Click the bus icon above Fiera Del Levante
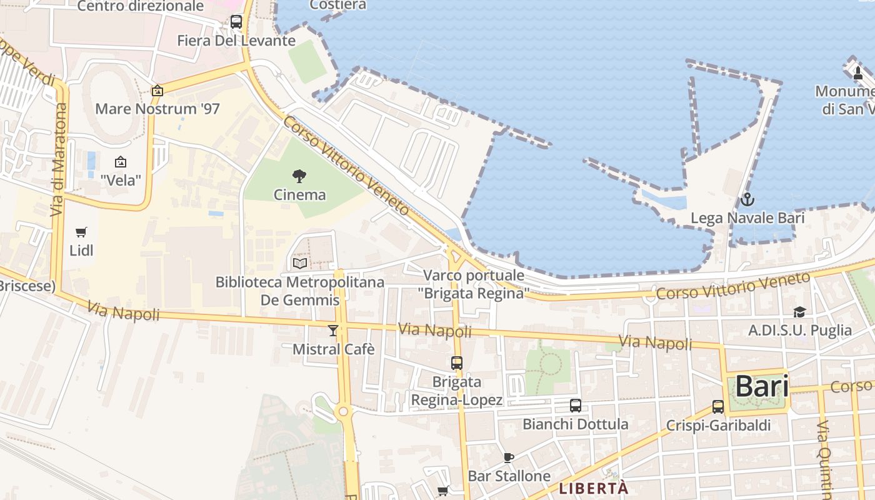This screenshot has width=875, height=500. click(236, 22)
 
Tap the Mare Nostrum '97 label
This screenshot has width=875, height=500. click(157, 109)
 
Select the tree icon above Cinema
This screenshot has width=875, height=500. click(299, 177)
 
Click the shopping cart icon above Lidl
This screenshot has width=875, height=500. click(81, 232)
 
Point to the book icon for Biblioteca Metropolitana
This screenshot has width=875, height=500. click(300, 263)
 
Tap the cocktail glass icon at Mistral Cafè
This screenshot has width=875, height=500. click(333, 330)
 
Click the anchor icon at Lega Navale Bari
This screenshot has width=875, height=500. click(747, 200)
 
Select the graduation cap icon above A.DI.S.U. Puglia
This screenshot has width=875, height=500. click(799, 312)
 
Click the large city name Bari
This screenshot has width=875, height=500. click(761, 386)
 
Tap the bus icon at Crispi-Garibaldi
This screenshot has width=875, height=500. click(718, 407)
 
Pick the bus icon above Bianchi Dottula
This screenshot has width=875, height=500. click(576, 405)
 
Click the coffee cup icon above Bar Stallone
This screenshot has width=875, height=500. click(509, 457)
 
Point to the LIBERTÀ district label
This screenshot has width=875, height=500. click(593, 488)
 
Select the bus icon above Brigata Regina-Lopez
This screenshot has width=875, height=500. click(457, 362)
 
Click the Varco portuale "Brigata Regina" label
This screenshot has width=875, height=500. click(474, 284)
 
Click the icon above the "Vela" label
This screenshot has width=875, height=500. click(121, 162)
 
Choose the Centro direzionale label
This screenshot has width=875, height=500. click(141, 6)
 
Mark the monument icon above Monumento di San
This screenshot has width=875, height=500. click(857, 73)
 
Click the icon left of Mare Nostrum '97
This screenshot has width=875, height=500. click(157, 91)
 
